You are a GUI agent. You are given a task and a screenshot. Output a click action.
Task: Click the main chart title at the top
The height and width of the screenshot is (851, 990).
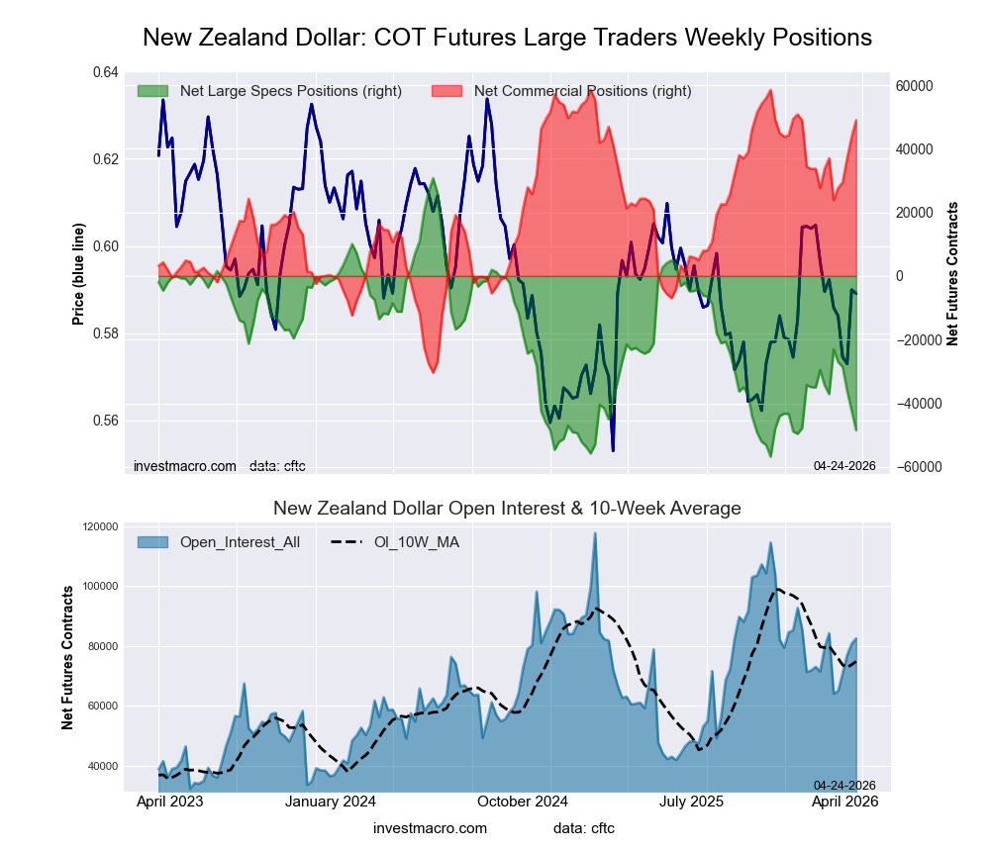tap(507, 38)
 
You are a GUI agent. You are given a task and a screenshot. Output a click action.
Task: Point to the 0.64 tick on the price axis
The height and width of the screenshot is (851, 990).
tap(106, 73)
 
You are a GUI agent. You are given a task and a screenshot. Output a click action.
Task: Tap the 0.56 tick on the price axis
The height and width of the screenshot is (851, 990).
tap(106, 421)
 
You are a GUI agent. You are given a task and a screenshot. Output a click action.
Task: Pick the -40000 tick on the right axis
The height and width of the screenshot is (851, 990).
tap(916, 404)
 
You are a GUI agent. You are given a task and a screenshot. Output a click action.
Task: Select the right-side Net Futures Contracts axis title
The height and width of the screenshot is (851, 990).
tap(952, 273)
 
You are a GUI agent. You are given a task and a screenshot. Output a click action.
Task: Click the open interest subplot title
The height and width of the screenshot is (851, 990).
tap(507, 509)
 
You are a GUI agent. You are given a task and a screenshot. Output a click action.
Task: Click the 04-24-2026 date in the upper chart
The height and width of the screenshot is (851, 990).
tap(844, 465)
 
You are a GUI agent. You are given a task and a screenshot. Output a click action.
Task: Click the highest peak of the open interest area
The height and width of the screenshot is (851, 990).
tap(595, 533)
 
